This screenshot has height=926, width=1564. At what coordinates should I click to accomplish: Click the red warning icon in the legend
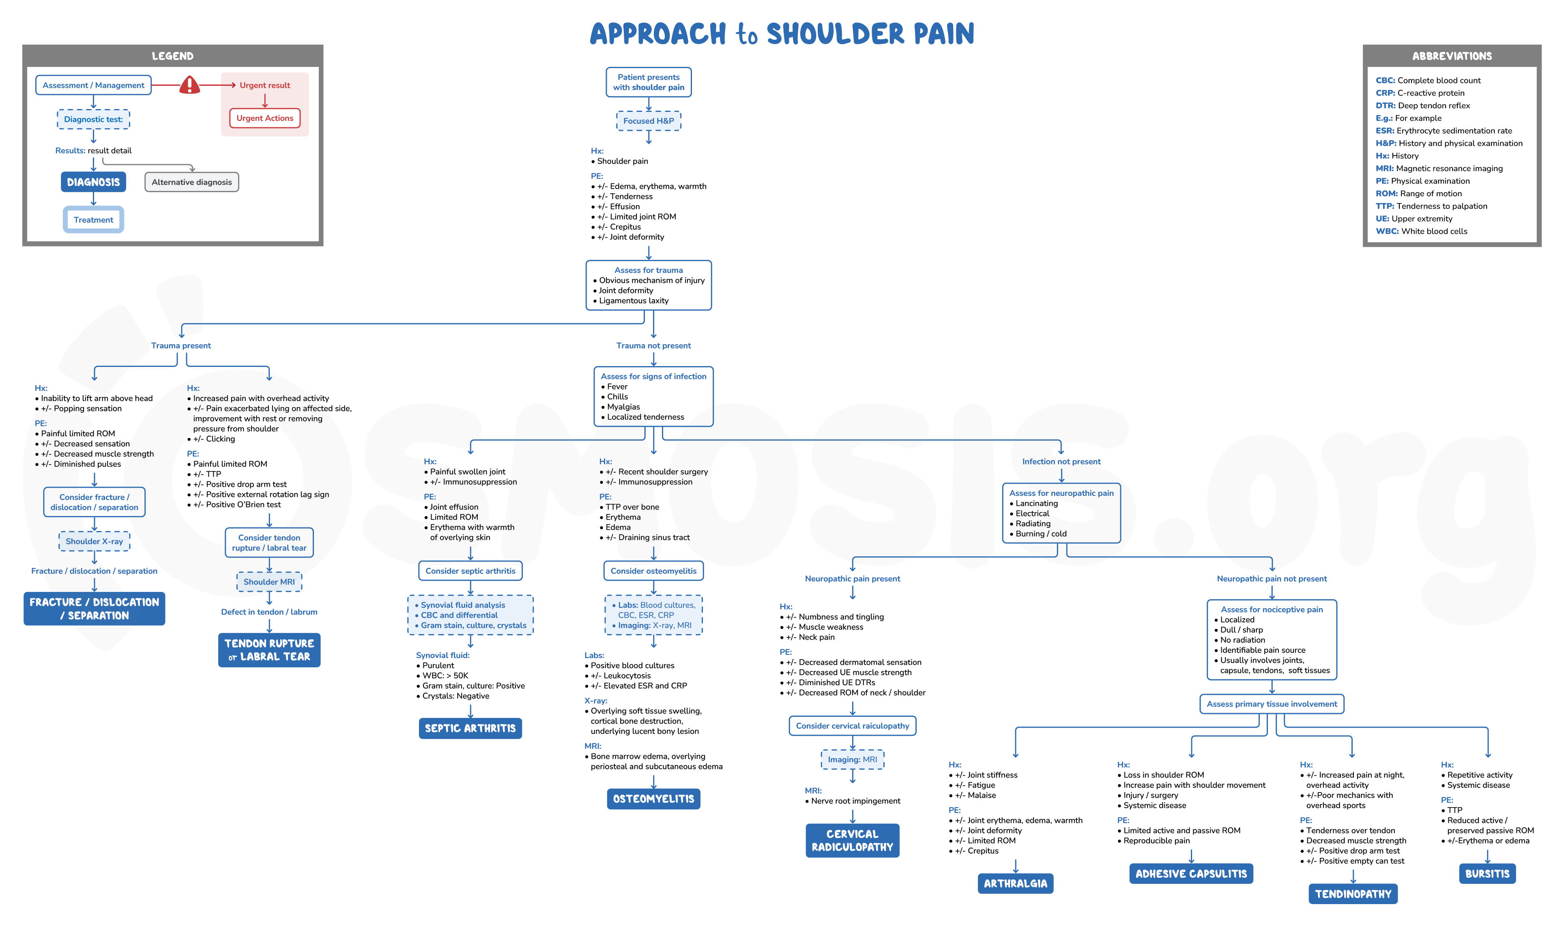[x=189, y=85]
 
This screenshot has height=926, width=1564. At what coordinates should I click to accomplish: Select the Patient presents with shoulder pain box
[x=649, y=82]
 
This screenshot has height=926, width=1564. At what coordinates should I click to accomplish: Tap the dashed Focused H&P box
[x=649, y=121]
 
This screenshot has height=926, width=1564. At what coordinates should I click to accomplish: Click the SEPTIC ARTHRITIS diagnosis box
[x=470, y=728]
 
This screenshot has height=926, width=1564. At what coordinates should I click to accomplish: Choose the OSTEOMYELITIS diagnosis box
[x=653, y=799]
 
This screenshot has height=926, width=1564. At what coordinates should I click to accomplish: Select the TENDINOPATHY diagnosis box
[x=1352, y=894]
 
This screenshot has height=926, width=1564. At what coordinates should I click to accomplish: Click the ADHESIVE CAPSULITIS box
[x=1191, y=874]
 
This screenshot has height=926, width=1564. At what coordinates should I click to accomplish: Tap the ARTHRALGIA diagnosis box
[x=1015, y=883]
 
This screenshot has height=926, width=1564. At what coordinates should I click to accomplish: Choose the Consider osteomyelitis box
[x=653, y=571]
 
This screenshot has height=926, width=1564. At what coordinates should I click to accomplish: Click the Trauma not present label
[x=653, y=346]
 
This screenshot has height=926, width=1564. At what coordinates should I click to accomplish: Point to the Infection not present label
[x=1061, y=462]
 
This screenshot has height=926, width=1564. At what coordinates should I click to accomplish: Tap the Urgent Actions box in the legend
[x=264, y=118]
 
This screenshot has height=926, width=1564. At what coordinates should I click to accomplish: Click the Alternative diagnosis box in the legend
[x=191, y=182]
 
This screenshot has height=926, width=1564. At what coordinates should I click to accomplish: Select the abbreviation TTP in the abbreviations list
[x=1384, y=206]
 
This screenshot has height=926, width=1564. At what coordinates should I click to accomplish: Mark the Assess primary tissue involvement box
[x=1271, y=704]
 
